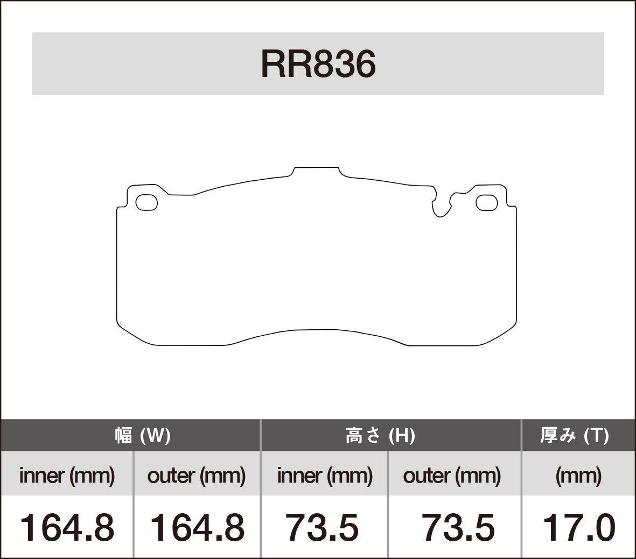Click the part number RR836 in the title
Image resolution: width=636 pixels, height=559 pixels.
(x=318, y=65)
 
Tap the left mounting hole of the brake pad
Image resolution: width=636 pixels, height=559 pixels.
(x=146, y=202)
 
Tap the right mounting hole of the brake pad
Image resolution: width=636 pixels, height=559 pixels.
(x=487, y=202)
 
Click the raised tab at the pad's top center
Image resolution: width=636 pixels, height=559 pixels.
(x=317, y=171)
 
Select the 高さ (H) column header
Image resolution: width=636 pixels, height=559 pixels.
(x=380, y=435)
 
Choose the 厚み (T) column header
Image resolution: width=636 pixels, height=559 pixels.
(x=574, y=435)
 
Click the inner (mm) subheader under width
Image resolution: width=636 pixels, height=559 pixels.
(x=67, y=475)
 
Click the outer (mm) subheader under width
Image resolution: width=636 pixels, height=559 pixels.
(x=196, y=475)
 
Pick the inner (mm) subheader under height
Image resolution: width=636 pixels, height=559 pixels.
(x=325, y=475)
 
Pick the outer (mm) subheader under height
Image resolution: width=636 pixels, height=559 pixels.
(x=452, y=475)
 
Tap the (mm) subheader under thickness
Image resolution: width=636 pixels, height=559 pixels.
(x=578, y=475)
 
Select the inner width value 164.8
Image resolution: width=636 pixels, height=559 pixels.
(x=67, y=527)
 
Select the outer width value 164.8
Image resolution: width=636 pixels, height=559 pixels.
(x=196, y=527)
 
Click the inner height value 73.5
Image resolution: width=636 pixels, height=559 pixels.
(x=322, y=527)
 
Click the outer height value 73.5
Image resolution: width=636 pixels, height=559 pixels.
(x=458, y=527)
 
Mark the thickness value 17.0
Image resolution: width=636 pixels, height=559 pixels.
(x=578, y=527)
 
